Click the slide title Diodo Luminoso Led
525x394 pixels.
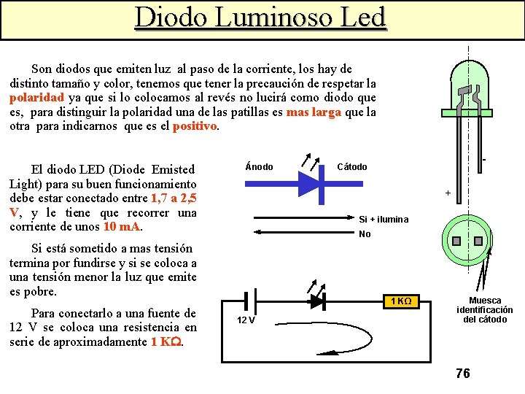(x=260, y=18)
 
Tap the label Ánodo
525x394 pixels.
(x=259, y=167)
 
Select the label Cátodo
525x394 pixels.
(x=351, y=167)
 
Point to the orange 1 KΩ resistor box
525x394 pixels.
(x=402, y=301)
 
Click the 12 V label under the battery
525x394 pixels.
(x=246, y=321)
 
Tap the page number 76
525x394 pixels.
(x=462, y=374)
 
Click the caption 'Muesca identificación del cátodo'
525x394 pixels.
(x=485, y=309)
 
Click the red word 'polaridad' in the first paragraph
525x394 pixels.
(x=37, y=98)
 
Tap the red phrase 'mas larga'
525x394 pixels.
(x=314, y=112)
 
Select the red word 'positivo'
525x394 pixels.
(x=195, y=126)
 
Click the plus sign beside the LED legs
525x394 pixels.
(x=448, y=193)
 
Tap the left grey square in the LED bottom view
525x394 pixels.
(x=456, y=242)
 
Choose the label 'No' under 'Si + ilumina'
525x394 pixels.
(x=365, y=234)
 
